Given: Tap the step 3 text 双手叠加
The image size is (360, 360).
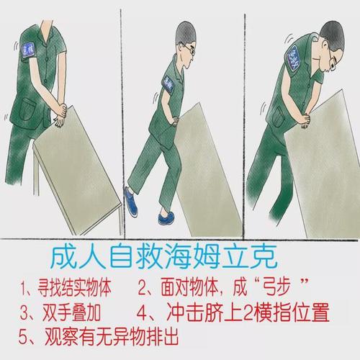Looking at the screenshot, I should click(61, 314).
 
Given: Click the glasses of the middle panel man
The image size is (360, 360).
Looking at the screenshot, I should click(189, 50).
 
